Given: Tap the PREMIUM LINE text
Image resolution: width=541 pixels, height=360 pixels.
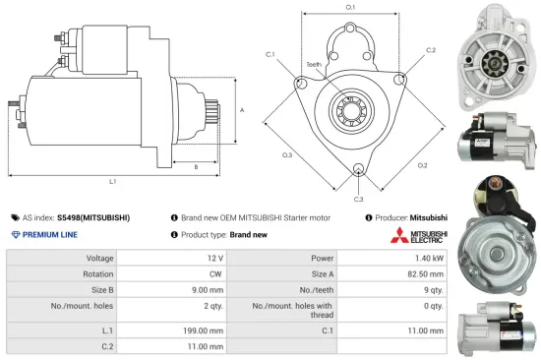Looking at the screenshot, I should (50, 235).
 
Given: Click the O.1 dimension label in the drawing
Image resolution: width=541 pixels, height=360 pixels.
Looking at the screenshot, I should (351, 7).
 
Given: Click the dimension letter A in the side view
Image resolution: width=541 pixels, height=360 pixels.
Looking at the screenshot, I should (242, 110).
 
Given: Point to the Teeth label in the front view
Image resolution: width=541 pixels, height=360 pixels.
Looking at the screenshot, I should (314, 65).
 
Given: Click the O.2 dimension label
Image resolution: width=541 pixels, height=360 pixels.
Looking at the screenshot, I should (422, 164).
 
